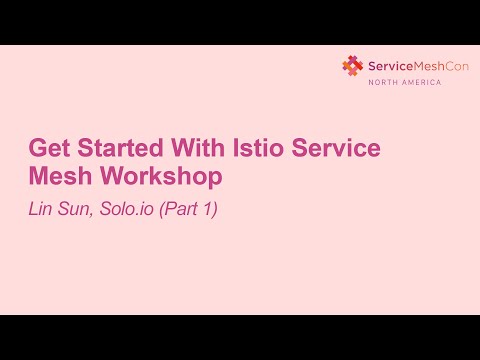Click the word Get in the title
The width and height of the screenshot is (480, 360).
click(x=51, y=149)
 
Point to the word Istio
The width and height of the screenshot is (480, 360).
click(x=254, y=149)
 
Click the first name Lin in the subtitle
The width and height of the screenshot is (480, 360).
click(x=40, y=211)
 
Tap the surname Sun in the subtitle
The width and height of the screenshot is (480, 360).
click(x=76, y=211)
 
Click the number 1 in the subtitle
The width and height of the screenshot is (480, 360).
click(x=209, y=211)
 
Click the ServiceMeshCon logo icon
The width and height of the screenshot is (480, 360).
click(x=352, y=66)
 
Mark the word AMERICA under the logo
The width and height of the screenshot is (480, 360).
click(x=421, y=83)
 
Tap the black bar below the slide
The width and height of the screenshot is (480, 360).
click(x=240, y=337)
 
